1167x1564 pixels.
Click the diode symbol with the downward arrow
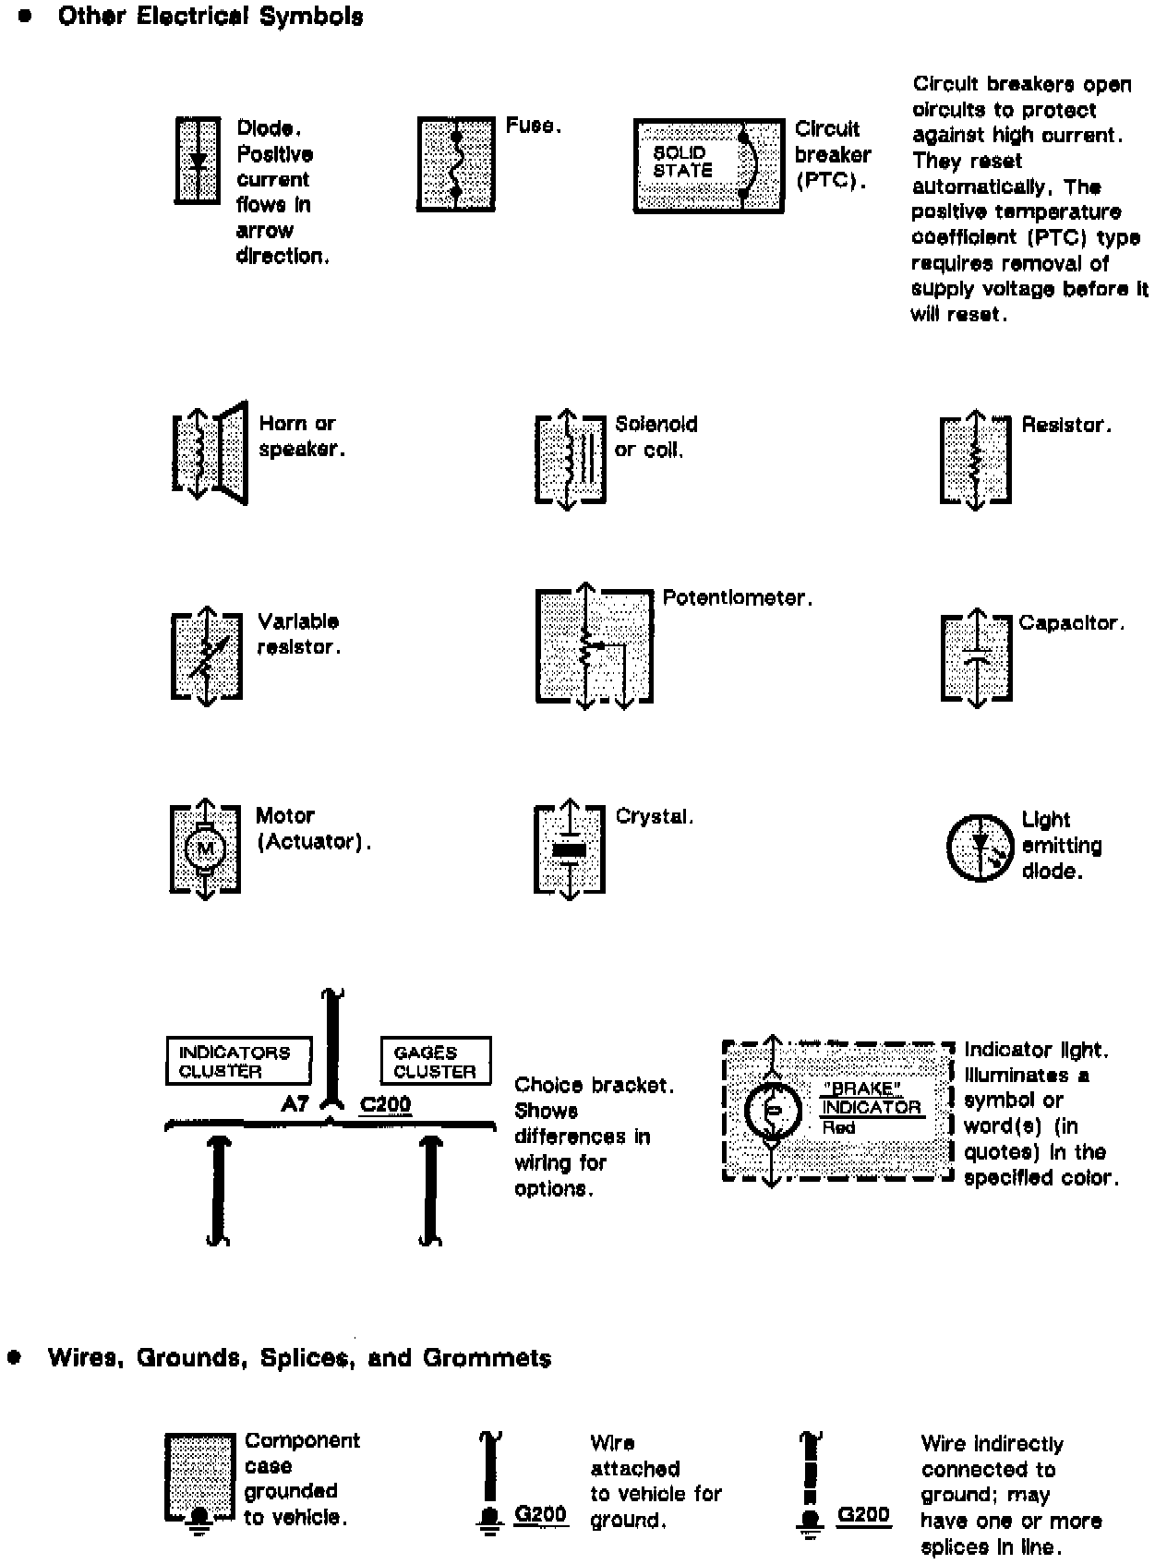(x=198, y=160)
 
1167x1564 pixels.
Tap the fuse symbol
(x=455, y=164)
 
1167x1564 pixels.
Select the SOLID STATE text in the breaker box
(x=683, y=162)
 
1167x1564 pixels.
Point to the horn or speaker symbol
(x=211, y=453)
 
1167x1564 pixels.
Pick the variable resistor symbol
(x=207, y=656)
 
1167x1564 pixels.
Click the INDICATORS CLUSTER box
(x=238, y=1062)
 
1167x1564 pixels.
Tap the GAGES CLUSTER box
(x=435, y=1062)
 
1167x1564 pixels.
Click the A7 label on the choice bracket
(x=295, y=1103)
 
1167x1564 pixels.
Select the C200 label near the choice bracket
(x=385, y=1104)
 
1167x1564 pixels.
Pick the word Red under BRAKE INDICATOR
(x=838, y=1128)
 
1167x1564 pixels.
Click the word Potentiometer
(x=737, y=598)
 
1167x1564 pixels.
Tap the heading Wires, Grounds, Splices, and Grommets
(x=299, y=1358)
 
